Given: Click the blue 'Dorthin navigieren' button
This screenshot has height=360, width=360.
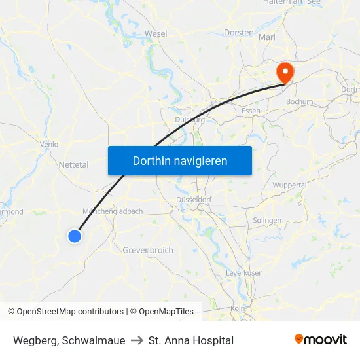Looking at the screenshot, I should click(179, 160).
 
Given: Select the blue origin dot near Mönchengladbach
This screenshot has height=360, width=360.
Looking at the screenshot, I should click(75, 236).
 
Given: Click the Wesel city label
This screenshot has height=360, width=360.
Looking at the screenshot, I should click(156, 33).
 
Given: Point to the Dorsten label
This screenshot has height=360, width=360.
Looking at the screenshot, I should click(238, 32).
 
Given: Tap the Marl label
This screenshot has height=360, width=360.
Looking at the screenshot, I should click(267, 38).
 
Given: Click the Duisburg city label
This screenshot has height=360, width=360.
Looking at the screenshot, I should click(190, 120).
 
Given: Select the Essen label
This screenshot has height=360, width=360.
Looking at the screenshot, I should click(251, 111).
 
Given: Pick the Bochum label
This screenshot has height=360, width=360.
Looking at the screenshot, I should click(300, 102).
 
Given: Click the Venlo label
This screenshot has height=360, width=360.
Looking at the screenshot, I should click(49, 145).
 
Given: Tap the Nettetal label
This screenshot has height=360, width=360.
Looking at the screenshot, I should click(73, 165).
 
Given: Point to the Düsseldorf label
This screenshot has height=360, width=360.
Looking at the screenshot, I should click(193, 200).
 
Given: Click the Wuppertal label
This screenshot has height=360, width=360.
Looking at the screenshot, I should click(289, 185).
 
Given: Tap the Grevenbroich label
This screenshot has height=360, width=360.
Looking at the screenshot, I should click(148, 250).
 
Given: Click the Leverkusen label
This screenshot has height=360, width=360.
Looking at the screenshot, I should click(244, 272).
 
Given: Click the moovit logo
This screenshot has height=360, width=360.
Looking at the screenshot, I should click(321, 339).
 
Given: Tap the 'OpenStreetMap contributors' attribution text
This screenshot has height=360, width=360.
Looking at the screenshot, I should click(70, 312).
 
